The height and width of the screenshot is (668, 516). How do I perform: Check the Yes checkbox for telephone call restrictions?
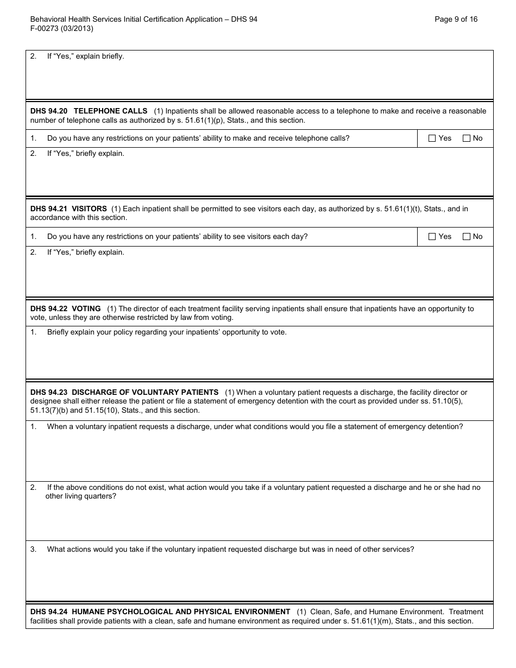click(432, 138)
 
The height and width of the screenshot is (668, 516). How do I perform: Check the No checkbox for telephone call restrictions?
click(467, 138)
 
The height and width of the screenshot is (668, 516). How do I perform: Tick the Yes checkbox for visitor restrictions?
click(432, 237)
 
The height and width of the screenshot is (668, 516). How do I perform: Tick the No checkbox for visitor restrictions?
click(467, 237)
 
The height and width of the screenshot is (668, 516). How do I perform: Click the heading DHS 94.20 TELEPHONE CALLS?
click(89, 111)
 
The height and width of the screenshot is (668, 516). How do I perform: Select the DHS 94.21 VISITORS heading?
click(68, 209)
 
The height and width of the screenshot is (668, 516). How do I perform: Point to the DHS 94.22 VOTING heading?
click(66, 308)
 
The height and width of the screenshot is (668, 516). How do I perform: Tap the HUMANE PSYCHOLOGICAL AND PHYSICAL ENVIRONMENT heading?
click(160, 612)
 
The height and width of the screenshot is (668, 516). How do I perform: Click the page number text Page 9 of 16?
click(456, 19)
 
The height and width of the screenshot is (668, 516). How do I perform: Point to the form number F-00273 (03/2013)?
click(62, 29)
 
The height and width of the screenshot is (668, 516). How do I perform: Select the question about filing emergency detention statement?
click(255, 427)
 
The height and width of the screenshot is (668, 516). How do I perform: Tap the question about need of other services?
click(230, 549)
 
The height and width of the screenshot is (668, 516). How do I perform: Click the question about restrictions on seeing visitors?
click(177, 237)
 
